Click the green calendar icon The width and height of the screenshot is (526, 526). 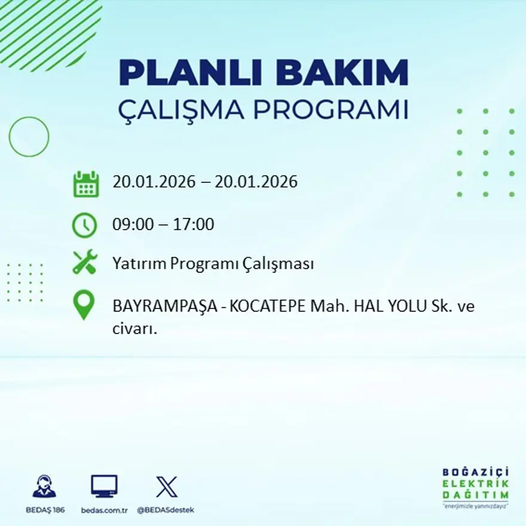85,184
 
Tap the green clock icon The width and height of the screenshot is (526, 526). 84,225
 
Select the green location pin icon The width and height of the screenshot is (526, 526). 84,304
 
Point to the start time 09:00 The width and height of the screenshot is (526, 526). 130,225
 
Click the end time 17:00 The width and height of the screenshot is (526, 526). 194,225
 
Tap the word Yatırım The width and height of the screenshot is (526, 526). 137,264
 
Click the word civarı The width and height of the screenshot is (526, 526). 134,328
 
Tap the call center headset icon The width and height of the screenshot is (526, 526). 44,487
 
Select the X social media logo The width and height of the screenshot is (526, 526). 166,487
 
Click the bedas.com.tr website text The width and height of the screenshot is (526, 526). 104,510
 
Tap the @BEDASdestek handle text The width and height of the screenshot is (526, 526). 166,510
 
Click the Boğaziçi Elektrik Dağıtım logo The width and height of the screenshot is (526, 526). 476,487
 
